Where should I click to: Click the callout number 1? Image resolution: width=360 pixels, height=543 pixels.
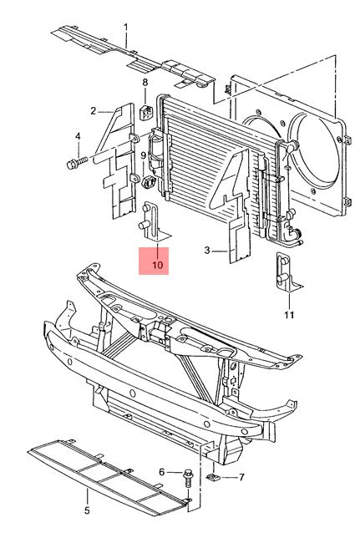[125, 27]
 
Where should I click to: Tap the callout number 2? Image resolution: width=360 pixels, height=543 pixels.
[93, 111]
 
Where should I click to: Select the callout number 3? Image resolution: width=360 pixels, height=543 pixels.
[207, 250]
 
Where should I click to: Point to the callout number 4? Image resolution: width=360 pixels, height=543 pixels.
[78, 136]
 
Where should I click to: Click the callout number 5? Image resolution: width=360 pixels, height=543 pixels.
[87, 510]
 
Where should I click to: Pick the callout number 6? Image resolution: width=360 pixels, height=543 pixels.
[162, 472]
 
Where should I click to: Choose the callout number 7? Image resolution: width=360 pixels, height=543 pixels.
[241, 478]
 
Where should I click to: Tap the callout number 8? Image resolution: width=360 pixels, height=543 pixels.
[145, 83]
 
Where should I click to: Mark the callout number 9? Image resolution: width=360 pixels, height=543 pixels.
[144, 156]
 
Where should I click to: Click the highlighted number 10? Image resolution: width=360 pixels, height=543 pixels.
[157, 265]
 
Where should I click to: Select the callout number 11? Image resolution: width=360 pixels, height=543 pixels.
[289, 315]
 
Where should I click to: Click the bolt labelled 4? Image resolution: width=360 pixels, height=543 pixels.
[78, 162]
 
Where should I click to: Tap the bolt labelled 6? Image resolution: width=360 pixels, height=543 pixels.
[188, 478]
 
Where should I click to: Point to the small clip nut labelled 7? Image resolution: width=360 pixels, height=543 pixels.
[213, 478]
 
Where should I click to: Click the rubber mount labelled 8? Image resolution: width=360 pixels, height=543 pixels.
[146, 111]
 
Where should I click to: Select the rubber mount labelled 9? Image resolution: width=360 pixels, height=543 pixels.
[148, 181]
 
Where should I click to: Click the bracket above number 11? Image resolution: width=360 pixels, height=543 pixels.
[288, 272]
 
